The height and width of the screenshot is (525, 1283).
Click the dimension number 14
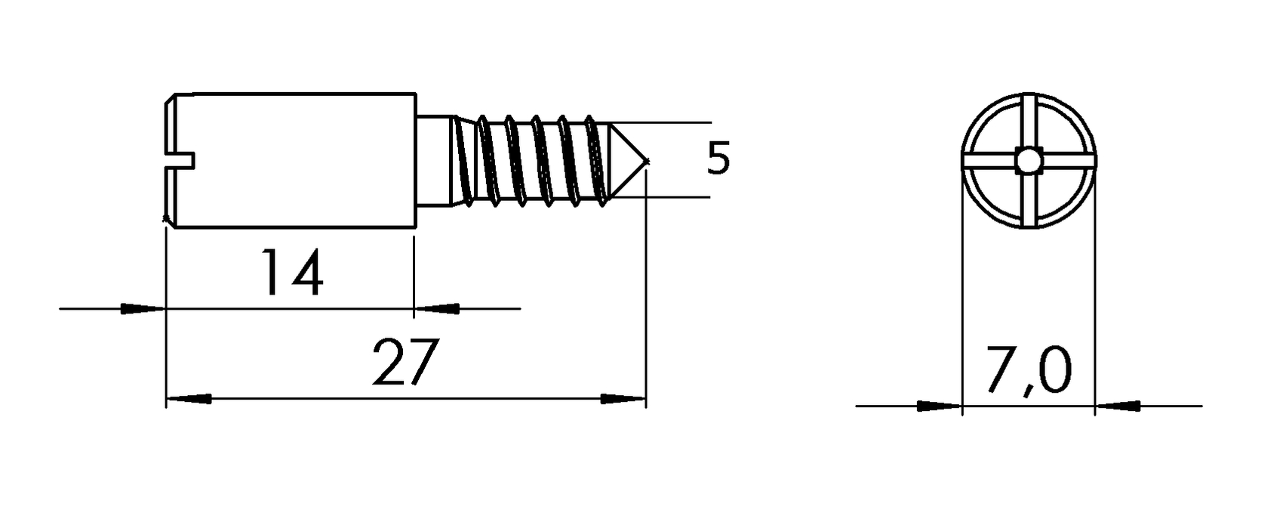pyautogui.click(x=292, y=273)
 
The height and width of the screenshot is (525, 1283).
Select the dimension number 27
pyautogui.click(x=405, y=362)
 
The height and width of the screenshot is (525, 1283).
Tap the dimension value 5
pyautogui.click(x=718, y=158)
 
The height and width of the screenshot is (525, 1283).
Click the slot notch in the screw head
pyautogui.click(x=180, y=161)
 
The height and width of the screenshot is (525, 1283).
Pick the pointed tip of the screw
pyautogui.click(x=648, y=160)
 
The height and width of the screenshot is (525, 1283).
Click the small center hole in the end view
pyautogui.click(x=1029, y=161)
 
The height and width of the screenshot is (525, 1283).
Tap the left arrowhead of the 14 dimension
pyautogui.click(x=143, y=309)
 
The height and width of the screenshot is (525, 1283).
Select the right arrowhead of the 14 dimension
pyautogui.click(x=437, y=309)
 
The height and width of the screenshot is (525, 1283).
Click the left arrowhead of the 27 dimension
pyautogui.click(x=189, y=398)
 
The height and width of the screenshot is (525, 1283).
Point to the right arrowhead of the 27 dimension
pyautogui.click(x=623, y=398)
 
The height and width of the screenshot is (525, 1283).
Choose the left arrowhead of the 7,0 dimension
pyautogui.click(x=940, y=406)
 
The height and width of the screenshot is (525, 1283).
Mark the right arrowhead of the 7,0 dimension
pyautogui.click(x=1118, y=406)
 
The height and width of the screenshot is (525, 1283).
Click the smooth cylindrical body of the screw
pyautogui.click(x=296, y=160)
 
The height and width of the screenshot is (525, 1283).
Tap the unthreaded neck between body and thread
pyautogui.click(x=434, y=160)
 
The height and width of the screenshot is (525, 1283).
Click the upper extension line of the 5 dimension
pyautogui.click(x=659, y=122)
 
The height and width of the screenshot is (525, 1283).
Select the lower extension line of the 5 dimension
pyautogui.click(x=659, y=198)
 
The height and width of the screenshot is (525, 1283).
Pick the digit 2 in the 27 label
pyautogui.click(x=389, y=362)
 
